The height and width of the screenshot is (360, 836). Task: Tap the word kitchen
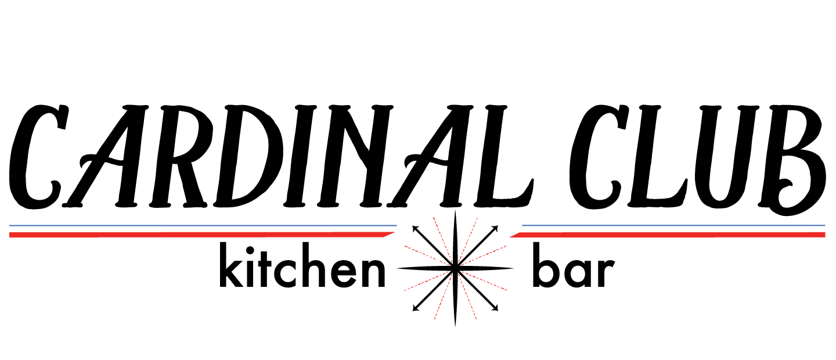[x=302, y=269]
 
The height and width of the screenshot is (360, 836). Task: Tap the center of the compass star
[x=455, y=268]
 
